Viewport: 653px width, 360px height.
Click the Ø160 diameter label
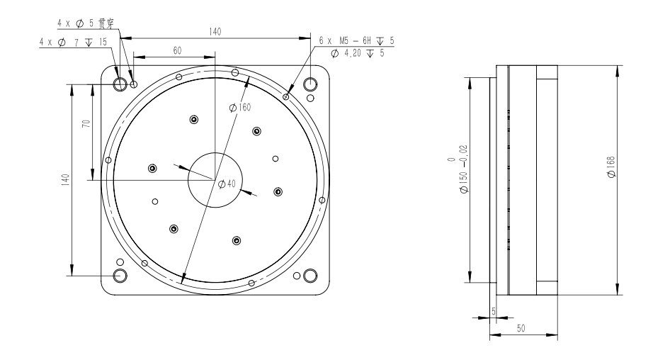pyautogui.click(x=242, y=108)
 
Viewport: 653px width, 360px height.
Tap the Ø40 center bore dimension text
pyautogui.click(x=227, y=184)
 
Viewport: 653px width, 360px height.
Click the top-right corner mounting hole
pyautogui.click(x=310, y=84)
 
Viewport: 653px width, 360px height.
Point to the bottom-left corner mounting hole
pyautogui.click(x=120, y=275)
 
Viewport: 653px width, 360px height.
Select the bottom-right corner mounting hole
pyautogui.click(x=310, y=275)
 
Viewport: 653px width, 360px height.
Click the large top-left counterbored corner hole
pyautogui.click(x=120, y=85)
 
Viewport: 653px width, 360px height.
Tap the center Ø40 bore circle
pyautogui.click(x=215, y=179)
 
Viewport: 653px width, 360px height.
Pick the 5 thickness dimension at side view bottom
pyautogui.click(x=494, y=310)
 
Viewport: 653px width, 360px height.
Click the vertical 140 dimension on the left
pyautogui.click(x=64, y=179)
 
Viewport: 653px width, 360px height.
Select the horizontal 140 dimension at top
pyautogui.click(x=213, y=32)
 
